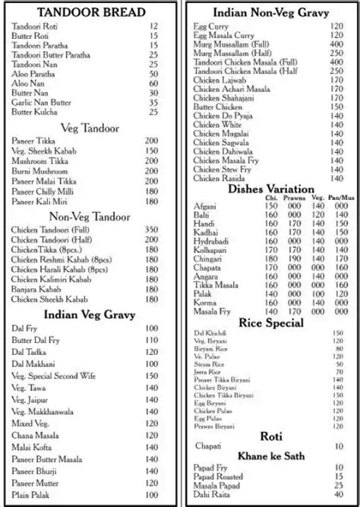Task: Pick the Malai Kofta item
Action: tap(31, 448)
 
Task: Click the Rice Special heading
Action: tap(271, 323)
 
